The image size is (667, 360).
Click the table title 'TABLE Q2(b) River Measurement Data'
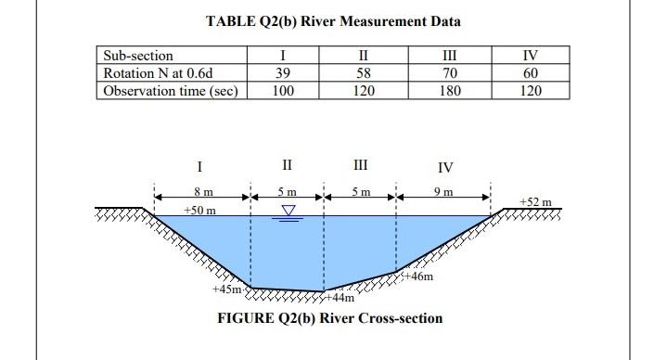(333, 20)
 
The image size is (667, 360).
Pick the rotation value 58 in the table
(363, 73)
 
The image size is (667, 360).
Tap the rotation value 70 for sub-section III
(449, 73)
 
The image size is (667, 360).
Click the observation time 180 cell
(449, 90)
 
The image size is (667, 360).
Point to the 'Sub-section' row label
(138, 57)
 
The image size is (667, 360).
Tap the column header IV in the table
(531, 57)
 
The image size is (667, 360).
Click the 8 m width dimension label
(202, 191)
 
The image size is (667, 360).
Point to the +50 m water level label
(199, 211)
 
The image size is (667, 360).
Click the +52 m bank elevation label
(535, 201)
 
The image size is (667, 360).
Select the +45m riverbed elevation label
(226, 289)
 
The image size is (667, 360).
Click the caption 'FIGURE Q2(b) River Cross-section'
(329, 318)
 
